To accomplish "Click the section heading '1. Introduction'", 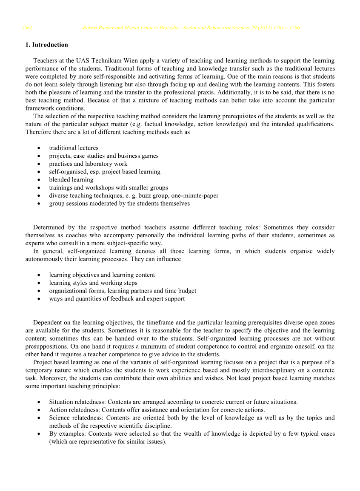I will point(46,45).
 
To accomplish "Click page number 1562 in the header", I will point(27,28).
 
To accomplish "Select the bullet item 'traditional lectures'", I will point(74,148).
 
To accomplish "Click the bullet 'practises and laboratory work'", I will point(88,164).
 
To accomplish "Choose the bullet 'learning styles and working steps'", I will point(93,283).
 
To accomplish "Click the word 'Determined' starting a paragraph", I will point(49,227).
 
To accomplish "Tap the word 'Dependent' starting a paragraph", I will point(48,323).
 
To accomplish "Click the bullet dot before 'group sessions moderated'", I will point(39,204).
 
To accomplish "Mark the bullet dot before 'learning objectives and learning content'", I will point(39,275).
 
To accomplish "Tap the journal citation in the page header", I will point(191,28).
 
